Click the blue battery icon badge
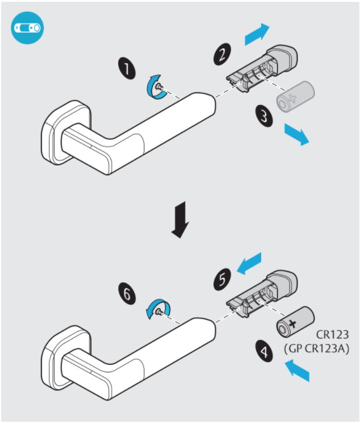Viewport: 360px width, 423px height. [28, 28]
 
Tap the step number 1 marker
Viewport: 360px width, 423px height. [127, 68]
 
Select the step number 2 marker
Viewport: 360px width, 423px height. [222, 54]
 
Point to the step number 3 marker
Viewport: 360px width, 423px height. [264, 116]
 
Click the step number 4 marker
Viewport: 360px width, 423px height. [264, 350]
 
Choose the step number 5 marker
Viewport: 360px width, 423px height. [222, 279]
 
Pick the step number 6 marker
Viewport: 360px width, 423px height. [127, 293]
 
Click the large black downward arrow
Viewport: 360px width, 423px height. [180, 220]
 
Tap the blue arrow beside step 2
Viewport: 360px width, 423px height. [257, 34]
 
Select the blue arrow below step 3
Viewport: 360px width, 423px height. [297, 135]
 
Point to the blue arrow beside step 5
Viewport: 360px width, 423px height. [249, 263]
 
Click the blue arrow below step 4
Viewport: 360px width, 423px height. [297, 370]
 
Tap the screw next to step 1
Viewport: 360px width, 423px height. [160, 87]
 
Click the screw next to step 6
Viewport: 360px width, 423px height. [160, 312]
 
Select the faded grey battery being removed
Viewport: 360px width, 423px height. [296, 96]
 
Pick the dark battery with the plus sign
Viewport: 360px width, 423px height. [296, 322]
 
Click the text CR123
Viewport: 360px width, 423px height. [332, 335]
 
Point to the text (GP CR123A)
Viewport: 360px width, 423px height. [317, 349]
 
